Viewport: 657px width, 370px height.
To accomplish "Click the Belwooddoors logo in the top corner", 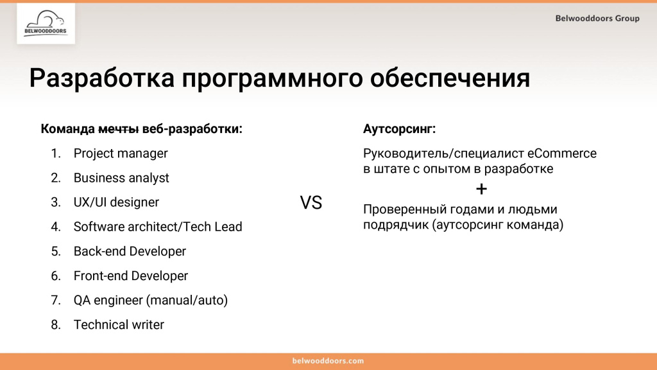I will pyautogui.click(x=46, y=24).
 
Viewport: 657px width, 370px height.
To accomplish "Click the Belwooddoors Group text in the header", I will pyautogui.click(x=597, y=18).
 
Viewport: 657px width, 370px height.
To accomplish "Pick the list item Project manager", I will pyautogui.click(x=121, y=154).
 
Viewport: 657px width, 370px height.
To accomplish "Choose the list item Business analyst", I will pyautogui.click(x=121, y=178).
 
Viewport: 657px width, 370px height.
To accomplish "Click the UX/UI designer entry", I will pyautogui.click(x=116, y=202).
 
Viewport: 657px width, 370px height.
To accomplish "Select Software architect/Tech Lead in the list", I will pyautogui.click(x=158, y=227).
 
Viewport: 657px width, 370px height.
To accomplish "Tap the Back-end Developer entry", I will pyautogui.click(x=130, y=251).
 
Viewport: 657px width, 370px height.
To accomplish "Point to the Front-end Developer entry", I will pyautogui.click(x=131, y=276).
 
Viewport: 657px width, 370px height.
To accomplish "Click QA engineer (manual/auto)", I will pyautogui.click(x=151, y=300).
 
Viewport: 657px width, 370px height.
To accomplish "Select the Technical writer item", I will pyautogui.click(x=119, y=324).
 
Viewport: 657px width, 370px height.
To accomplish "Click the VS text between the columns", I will pyautogui.click(x=311, y=204).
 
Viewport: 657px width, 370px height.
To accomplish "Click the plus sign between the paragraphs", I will pyautogui.click(x=482, y=189).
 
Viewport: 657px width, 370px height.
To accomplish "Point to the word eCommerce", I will pyautogui.click(x=562, y=154).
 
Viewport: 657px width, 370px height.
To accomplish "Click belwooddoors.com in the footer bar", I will pyautogui.click(x=328, y=361).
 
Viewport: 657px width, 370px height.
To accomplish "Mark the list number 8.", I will pyautogui.click(x=55, y=324).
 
